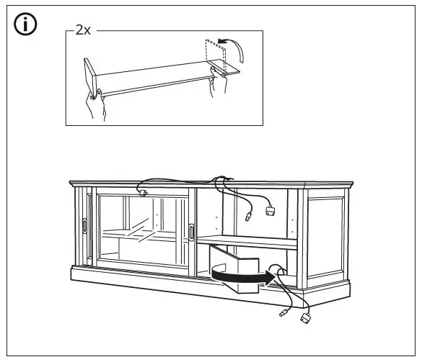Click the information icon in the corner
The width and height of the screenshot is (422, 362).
[x=27, y=24]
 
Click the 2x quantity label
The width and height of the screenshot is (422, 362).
[x=83, y=32]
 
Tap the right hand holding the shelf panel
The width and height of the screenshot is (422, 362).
[x=214, y=86]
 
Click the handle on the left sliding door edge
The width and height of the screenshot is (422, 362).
[x=85, y=225]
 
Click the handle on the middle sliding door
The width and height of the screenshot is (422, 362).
[x=192, y=231]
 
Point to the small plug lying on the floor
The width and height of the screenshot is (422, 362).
[x=281, y=314]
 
